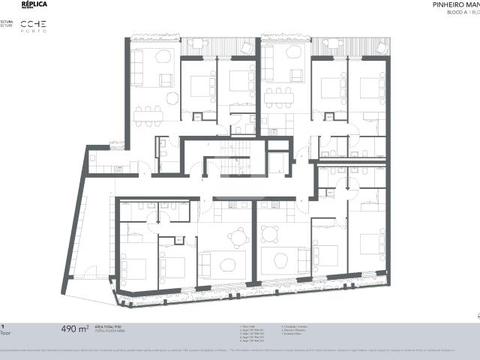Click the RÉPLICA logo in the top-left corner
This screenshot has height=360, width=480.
pyautogui.click(x=34, y=4)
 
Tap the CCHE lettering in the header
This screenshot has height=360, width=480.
pyautogui.click(x=34, y=25)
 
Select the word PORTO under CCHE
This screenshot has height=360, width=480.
pyautogui.click(x=33, y=32)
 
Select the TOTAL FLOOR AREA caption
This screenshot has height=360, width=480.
pyautogui.click(x=109, y=331)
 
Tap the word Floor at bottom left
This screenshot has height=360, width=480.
pyautogui.click(x=4, y=332)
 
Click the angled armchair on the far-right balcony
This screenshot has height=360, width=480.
pyautogui.click(x=370, y=45)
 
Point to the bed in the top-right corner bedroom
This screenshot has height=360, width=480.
pyautogui.click(x=373, y=88)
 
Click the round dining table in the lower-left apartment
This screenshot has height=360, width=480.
pyautogui.click(x=238, y=236)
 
